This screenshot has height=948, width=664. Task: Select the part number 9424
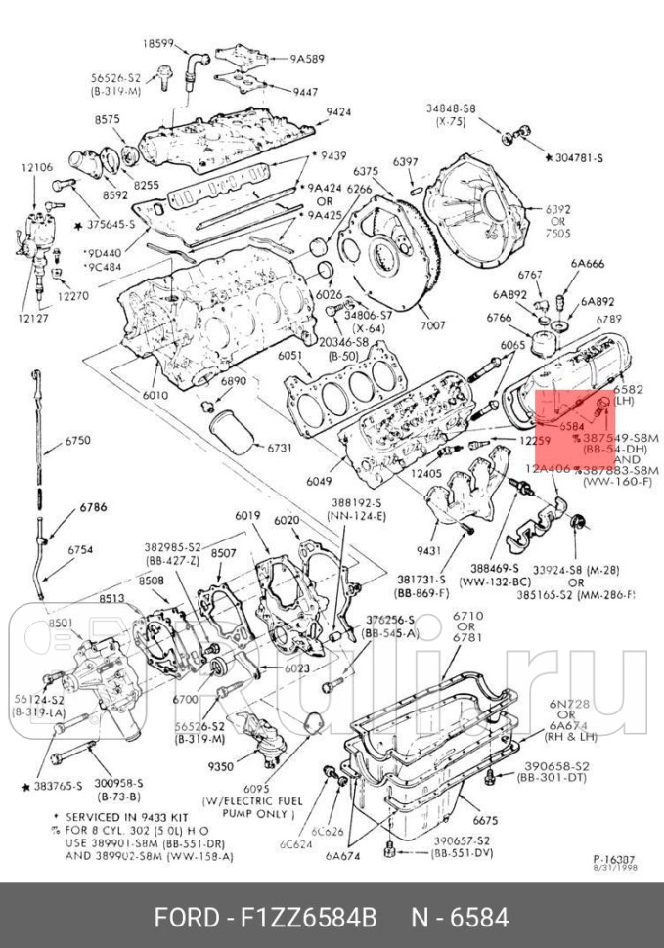coord(338,112)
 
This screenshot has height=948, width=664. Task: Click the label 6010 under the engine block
coord(155,395)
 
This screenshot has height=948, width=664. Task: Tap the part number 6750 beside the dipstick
coord(78,441)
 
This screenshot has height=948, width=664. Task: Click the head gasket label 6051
coord(289,357)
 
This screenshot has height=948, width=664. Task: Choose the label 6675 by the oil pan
coord(486,820)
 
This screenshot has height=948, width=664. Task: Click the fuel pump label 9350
coord(221,767)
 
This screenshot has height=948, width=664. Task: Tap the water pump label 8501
coord(61,623)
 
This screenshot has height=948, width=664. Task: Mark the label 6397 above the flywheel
coord(406,161)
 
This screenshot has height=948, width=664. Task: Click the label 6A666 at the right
coord(588,263)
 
